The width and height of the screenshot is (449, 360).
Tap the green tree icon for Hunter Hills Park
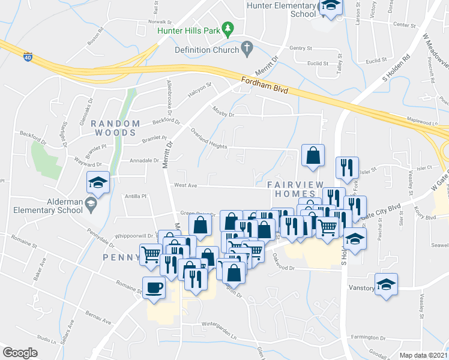(x=228, y=28)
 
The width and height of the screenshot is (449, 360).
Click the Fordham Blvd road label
(x=265, y=86)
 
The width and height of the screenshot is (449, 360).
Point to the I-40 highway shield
(x=28, y=57)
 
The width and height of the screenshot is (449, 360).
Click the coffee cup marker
(x=154, y=287)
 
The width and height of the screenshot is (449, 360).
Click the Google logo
(x=20, y=353)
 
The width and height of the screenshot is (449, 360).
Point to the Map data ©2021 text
(x=423, y=355)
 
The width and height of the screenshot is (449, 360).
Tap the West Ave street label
(x=185, y=186)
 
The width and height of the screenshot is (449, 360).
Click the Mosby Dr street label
(x=223, y=111)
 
